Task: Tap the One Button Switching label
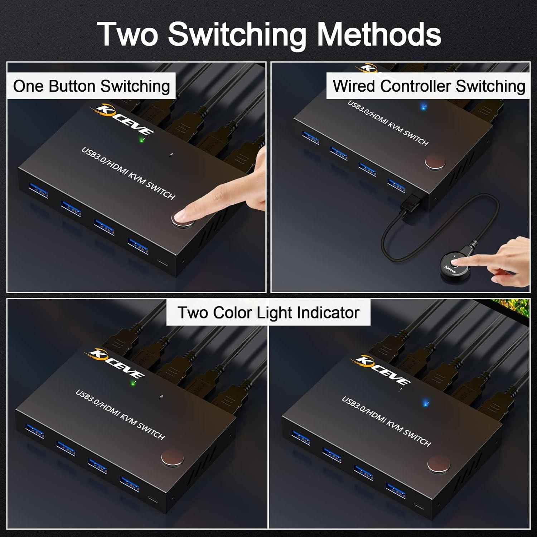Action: pos(91,86)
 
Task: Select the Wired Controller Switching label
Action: pos(429,86)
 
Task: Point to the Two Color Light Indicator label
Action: pos(268,313)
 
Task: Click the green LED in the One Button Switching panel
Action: pos(142,140)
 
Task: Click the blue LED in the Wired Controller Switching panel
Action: pos(424,107)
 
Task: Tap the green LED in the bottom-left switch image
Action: pos(133,383)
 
